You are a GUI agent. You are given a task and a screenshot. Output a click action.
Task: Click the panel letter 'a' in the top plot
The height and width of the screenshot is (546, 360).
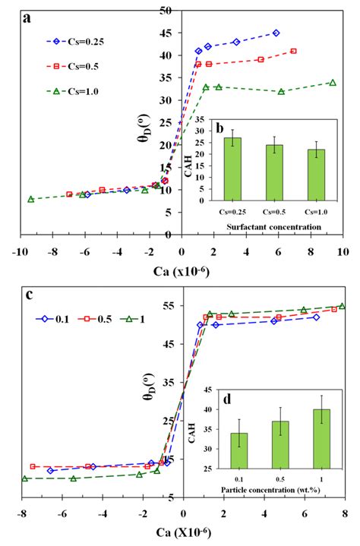[27, 19]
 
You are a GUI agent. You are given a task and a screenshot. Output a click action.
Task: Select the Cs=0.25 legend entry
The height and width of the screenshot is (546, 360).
[73, 42]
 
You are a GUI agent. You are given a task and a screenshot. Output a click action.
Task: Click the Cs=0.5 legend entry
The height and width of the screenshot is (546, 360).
[73, 65]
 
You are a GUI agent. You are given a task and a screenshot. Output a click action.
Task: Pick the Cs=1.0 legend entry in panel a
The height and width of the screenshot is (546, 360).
[73, 90]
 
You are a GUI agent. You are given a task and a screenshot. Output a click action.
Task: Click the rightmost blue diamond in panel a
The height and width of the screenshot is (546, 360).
[276, 33]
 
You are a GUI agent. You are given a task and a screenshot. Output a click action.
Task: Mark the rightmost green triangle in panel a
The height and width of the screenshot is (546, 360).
[333, 82]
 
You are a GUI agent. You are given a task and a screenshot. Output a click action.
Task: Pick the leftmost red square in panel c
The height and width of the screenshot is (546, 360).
[33, 466]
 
